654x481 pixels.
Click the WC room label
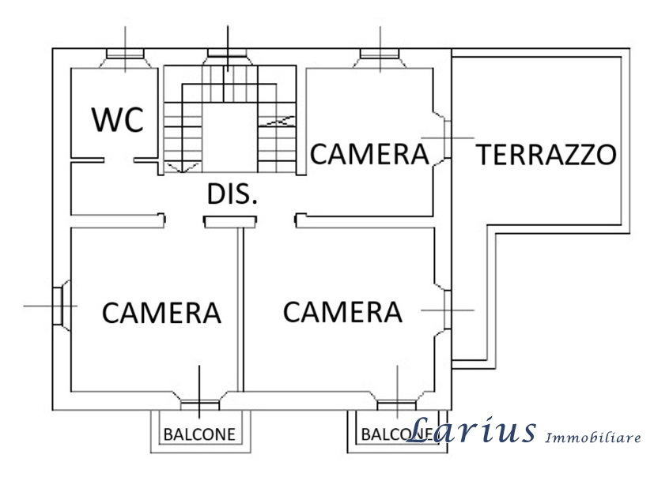(x=118, y=120)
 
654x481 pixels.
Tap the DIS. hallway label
(x=232, y=194)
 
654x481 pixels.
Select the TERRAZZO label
(x=546, y=155)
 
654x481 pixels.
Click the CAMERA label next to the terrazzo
(x=369, y=154)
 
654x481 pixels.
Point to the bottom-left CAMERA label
(x=161, y=313)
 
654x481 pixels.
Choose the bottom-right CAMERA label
(x=342, y=312)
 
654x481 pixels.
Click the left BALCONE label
(x=199, y=434)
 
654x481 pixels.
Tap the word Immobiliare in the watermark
(x=593, y=438)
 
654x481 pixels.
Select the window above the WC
(x=125, y=54)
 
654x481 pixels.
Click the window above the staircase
(x=227, y=53)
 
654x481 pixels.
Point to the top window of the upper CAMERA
(x=380, y=54)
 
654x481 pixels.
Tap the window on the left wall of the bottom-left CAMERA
(x=58, y=306)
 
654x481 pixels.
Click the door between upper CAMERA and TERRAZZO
(x=447, y=139)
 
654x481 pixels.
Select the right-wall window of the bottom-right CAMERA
(x=447, y=310)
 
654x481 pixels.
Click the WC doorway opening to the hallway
(x=119, y=160)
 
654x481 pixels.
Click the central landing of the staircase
(x=229, y=137)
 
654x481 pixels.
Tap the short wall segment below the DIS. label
(x=230, y=222)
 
